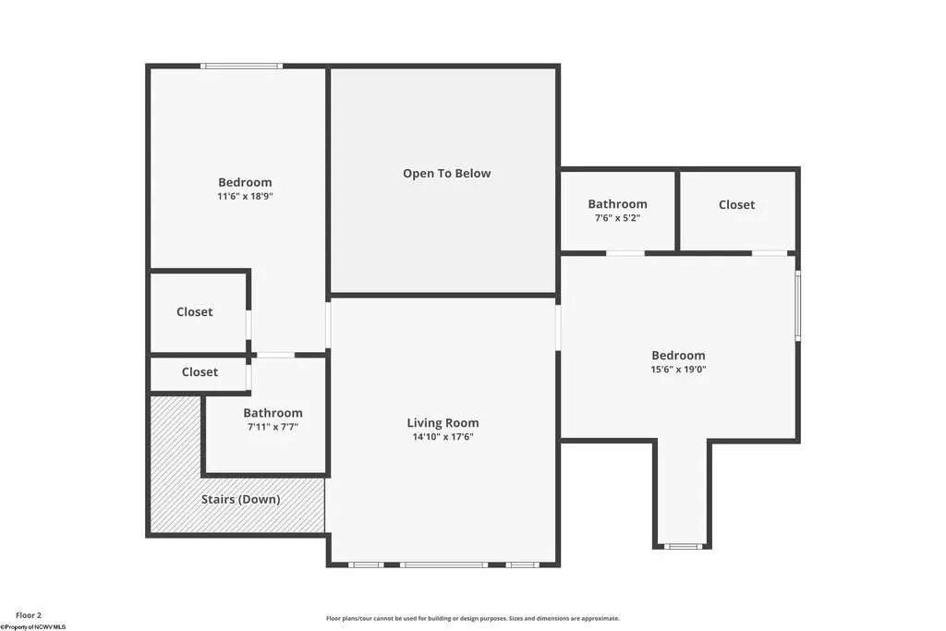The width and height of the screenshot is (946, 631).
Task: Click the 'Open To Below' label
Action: pos(446,174)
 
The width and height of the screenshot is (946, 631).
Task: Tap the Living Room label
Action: pos(443,423)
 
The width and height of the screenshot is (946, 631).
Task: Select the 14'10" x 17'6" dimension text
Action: pos(443,437)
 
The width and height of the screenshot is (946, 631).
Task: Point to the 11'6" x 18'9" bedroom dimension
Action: pos(245,196)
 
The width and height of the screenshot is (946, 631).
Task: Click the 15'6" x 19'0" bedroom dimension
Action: pos(678,370)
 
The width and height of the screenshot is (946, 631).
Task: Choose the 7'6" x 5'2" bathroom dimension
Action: pos(617,218)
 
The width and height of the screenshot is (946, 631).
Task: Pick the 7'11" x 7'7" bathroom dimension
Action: pos(273,427)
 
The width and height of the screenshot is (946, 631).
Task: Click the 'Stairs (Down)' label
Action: pos(241,500)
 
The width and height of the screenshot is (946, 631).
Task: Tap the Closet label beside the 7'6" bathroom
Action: pos(736,204)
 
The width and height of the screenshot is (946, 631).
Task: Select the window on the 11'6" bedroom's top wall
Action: pos(241,66)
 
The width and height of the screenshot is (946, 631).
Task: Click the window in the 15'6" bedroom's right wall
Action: pos(797,305)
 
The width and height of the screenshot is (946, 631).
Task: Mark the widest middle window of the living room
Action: pos(443,564)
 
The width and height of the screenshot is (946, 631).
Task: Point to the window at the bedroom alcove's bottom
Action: pos(683,547)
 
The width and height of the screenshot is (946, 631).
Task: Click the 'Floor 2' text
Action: pos(29,615)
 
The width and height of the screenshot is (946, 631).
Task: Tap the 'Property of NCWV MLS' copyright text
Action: pos(32,626)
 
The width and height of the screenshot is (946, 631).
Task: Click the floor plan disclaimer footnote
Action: pos(473,618)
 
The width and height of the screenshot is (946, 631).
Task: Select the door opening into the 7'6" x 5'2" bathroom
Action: pos(625,253)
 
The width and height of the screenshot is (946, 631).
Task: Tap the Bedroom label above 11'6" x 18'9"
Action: pos(245,182)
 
